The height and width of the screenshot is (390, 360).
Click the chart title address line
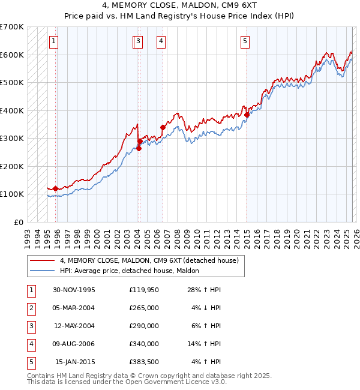180,5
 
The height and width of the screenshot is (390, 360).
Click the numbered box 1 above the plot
54,41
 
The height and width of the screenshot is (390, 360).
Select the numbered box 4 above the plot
161,41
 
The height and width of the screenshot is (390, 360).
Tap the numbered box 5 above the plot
245,41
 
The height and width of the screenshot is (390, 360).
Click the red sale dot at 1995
55,188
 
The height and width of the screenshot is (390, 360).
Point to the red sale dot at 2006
163,127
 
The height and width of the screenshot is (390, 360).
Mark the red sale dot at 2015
247,115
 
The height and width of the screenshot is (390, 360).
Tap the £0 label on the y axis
19,222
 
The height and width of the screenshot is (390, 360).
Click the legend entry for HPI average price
133,271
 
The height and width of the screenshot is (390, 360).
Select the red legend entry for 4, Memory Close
149,260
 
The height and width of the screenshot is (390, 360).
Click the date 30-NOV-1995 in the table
74,290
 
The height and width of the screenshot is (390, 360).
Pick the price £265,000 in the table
144,308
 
